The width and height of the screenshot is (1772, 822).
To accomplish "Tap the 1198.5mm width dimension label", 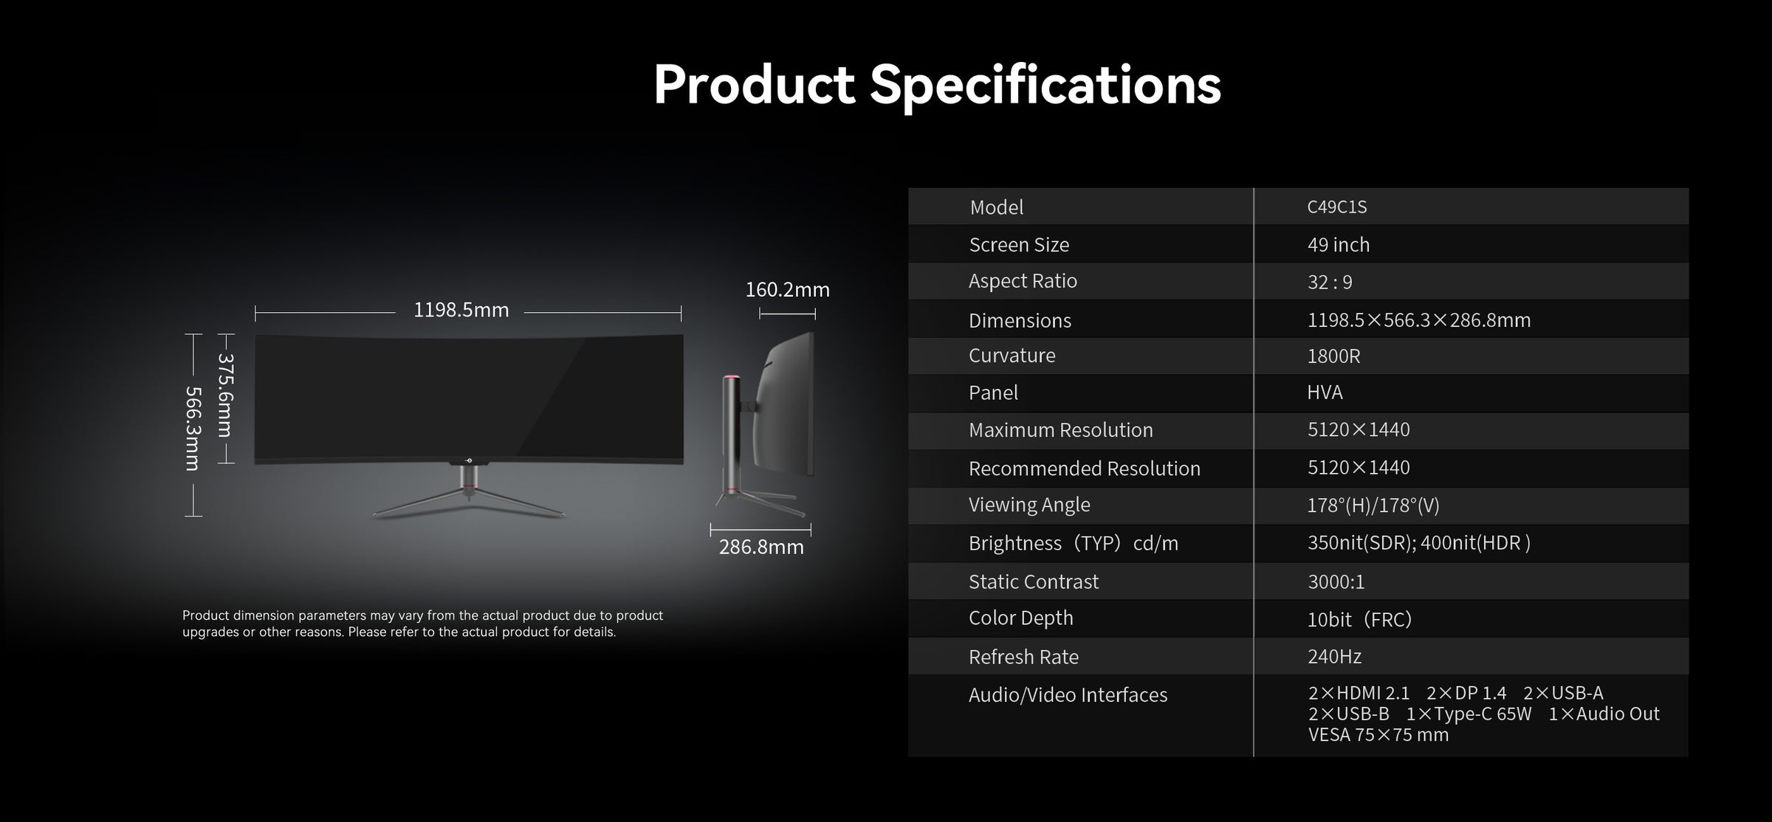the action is [461, 310].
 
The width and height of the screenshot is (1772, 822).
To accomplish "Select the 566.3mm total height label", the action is [193, 428].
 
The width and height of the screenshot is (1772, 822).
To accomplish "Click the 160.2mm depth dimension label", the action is [787, 289].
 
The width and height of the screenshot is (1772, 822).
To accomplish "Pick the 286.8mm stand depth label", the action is [761, 547].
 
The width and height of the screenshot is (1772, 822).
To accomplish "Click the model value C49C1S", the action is [1336, 207].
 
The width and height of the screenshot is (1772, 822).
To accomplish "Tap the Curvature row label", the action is [1012, 356].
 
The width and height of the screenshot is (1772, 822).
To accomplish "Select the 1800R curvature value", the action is [1333, 356].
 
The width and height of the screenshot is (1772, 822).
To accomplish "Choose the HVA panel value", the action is [1325, 392].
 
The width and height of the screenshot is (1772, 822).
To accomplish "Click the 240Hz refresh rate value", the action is [1334, 656].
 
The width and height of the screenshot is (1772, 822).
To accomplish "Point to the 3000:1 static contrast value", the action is [1336, 581].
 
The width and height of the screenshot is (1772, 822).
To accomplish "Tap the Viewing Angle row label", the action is [1029, 505].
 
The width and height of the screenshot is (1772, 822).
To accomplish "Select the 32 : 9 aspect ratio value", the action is [1330, 282].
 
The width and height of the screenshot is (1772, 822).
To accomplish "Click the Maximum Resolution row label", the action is [1060, 429].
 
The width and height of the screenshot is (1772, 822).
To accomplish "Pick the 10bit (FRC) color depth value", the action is [1359, 619].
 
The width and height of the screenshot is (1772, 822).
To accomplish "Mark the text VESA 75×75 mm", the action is [1378, 735].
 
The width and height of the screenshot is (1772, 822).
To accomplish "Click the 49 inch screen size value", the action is [1338, 244].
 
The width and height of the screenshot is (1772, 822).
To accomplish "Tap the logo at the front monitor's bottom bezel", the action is [468, 461].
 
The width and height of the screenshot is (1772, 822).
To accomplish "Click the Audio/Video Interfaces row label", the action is [1068, 695].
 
